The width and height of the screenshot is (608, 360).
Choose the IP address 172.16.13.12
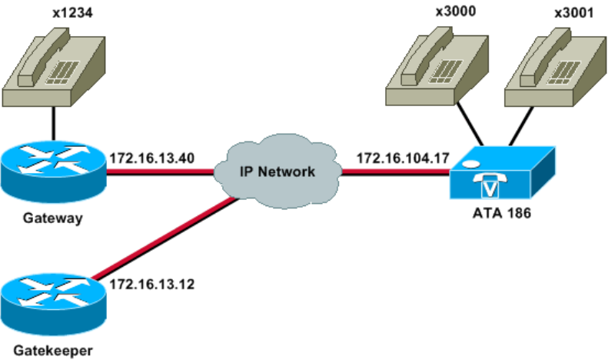click(x=150, y=284)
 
